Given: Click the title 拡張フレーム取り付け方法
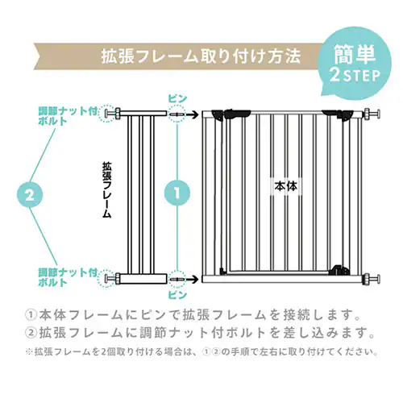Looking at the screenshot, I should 201,57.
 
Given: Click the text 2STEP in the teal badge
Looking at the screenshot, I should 355,78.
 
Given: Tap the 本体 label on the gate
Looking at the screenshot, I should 285,185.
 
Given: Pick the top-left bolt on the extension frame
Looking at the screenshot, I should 118,114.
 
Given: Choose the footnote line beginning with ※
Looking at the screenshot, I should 201,352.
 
